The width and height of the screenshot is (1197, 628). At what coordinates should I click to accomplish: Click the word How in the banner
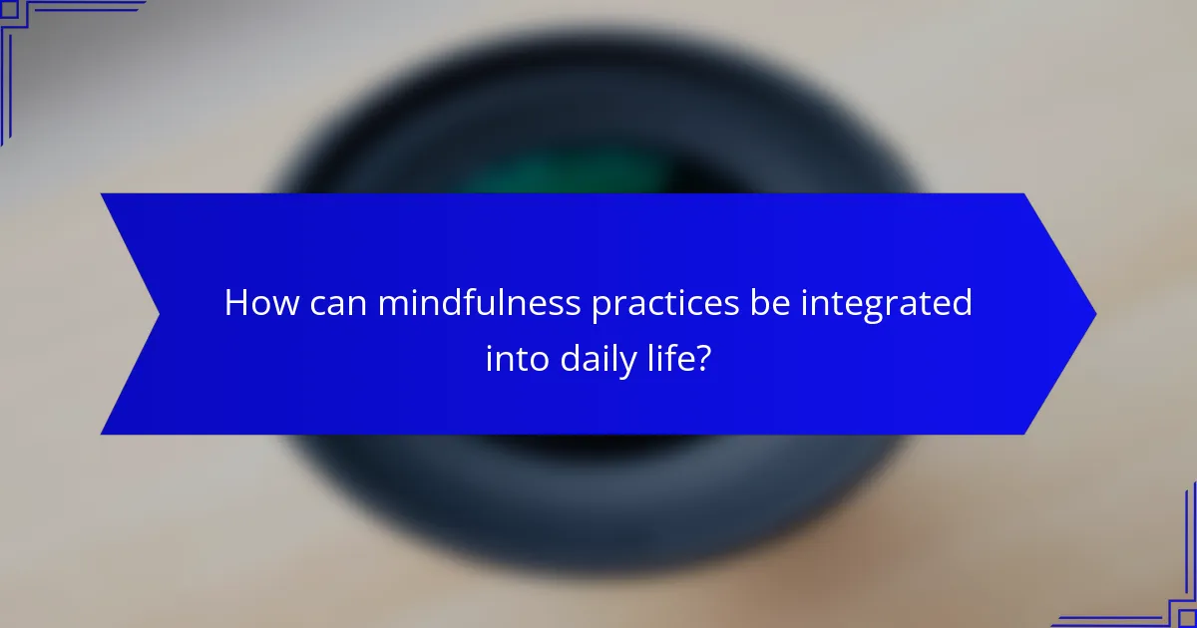(x=259, y=303)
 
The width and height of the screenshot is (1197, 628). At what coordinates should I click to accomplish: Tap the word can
(x=335, y=303)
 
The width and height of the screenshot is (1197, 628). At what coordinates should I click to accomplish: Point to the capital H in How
(x=235, y=303)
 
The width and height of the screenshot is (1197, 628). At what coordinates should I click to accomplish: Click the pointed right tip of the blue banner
(x=1094, y=314)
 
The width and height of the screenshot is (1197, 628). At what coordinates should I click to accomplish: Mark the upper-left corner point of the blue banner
(x=102, y=194)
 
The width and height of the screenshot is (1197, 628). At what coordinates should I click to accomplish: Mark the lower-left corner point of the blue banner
(x=102, y=434)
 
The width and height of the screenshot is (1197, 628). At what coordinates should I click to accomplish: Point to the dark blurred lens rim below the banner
(x=598, y=478)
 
